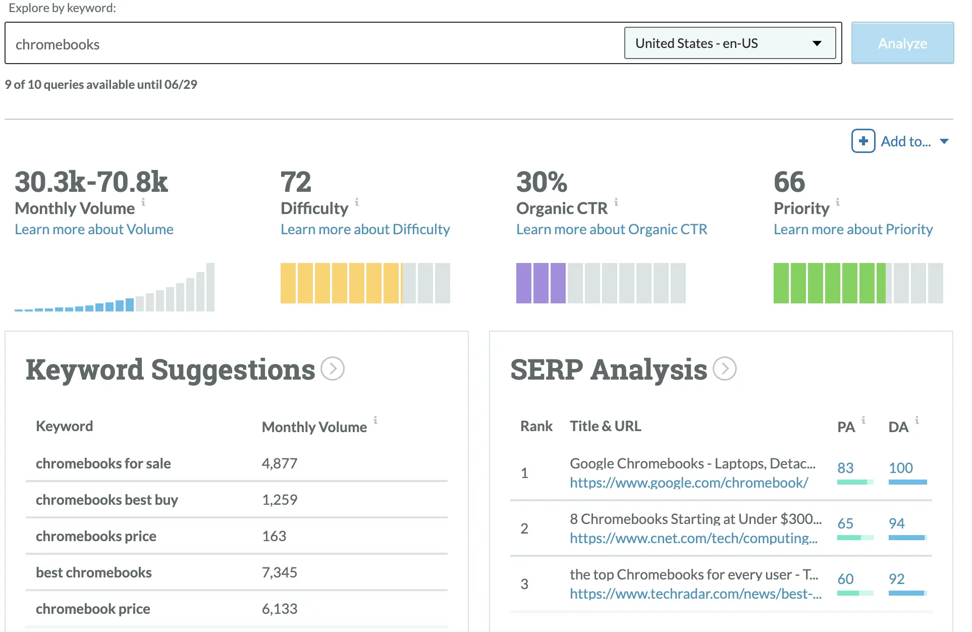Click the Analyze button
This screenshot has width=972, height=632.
coord(902,43)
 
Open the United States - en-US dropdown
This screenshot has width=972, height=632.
coord(729,43)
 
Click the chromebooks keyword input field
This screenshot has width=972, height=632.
coord(313,44)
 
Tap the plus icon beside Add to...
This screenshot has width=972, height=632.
coord(863,141)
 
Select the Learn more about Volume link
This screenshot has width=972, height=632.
coord(94,229)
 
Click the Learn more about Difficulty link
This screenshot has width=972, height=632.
coord(365,229)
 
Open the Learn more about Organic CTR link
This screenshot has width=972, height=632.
coord(611,229)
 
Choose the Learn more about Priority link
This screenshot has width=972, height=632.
coord(853,229)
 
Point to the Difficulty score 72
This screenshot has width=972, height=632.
coord(296,182)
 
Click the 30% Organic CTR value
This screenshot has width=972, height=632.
coord(542,182)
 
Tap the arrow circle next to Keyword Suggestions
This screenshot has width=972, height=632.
coord(333,369)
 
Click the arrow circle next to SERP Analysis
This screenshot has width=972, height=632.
coord(725,369)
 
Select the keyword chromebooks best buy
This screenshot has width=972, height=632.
coord(107,500)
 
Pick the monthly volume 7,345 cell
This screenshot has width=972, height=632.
coord(279,572)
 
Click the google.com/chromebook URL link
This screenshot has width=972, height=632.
coord(688,483)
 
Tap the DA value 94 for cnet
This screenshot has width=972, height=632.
coord(896,523)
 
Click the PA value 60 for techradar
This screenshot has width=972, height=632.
coord(845,579)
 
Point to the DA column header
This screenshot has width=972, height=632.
coord(898,427)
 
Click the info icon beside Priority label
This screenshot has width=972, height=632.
coord(838,202)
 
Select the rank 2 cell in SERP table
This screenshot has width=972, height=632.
coord(524,529)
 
